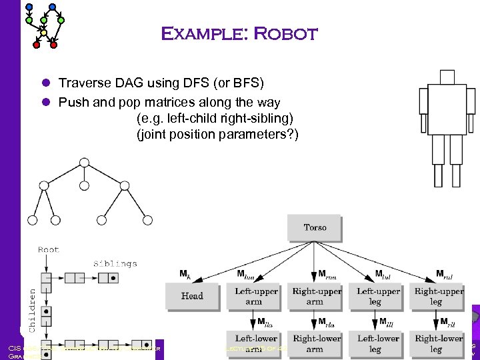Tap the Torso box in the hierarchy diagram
pos(315,228)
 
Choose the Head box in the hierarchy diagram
pos(192,296)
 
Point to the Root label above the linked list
pos(49,250)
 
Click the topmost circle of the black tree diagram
pos(84,162)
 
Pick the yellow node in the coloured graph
pos(44,32)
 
